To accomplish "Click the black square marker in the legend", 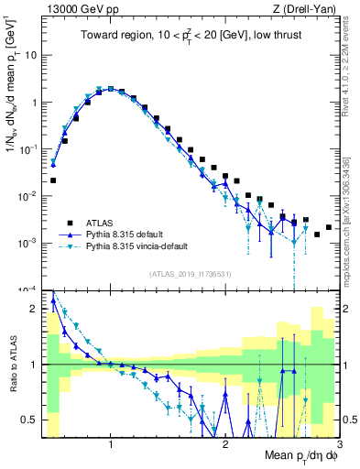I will click(69, 223).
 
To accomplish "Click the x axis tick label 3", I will click(339, 445).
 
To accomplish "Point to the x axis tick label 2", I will click(225, 445).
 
